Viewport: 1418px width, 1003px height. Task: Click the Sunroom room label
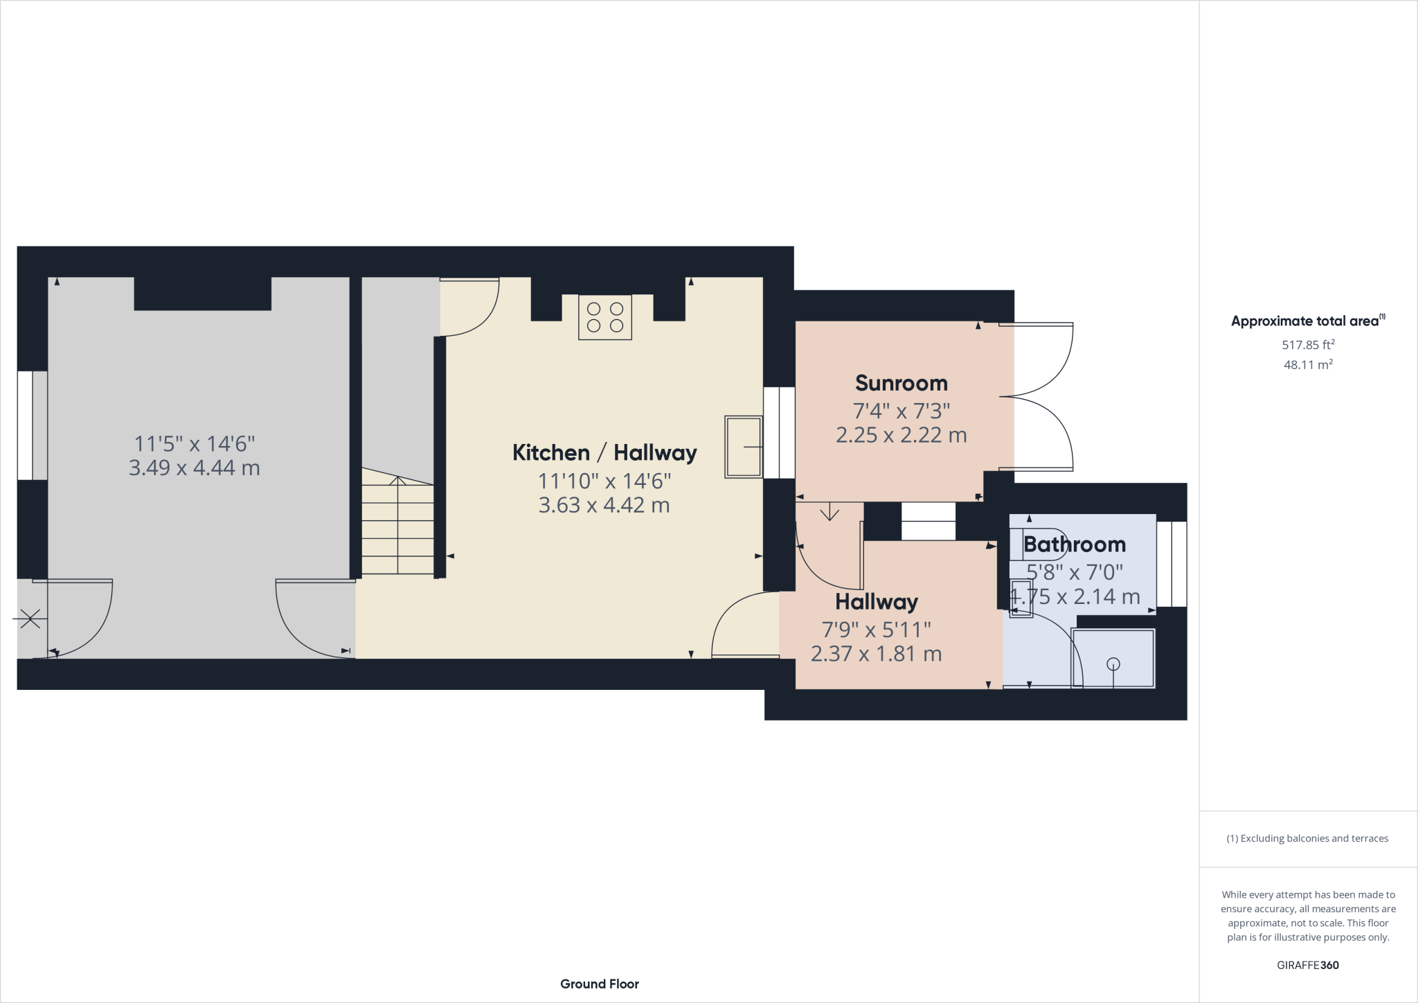(x=901, y=383)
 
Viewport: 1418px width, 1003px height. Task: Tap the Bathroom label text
(x=1074, y=544)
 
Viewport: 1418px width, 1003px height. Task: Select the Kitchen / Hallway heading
(x=604, y=453)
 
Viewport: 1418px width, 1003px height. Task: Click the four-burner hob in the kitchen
(x=605, y=317)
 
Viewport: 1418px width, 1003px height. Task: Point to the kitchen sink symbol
(x=743, y=447)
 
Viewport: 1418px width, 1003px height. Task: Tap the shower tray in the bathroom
(x=1113, y=659)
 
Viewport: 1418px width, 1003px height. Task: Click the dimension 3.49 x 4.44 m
(x=195, y=468)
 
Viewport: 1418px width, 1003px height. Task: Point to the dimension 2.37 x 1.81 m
(x=876, y=654)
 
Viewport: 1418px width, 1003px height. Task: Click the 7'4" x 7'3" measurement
(x=901, y=411)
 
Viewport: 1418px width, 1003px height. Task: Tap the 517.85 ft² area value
(x=1308, y=344)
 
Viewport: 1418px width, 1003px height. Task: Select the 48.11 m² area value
(x=1308, y=364)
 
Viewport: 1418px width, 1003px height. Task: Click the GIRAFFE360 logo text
(x=1307, y=965)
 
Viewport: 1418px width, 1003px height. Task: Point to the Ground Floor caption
(x=600, y=984)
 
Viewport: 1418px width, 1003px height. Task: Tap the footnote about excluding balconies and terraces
(x=1307, y=838)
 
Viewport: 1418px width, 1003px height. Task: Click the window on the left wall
(x=26, y=425)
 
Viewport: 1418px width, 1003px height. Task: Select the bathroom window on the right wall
(x=1172, y=564)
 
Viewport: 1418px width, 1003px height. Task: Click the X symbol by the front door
(x=30, y=618)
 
